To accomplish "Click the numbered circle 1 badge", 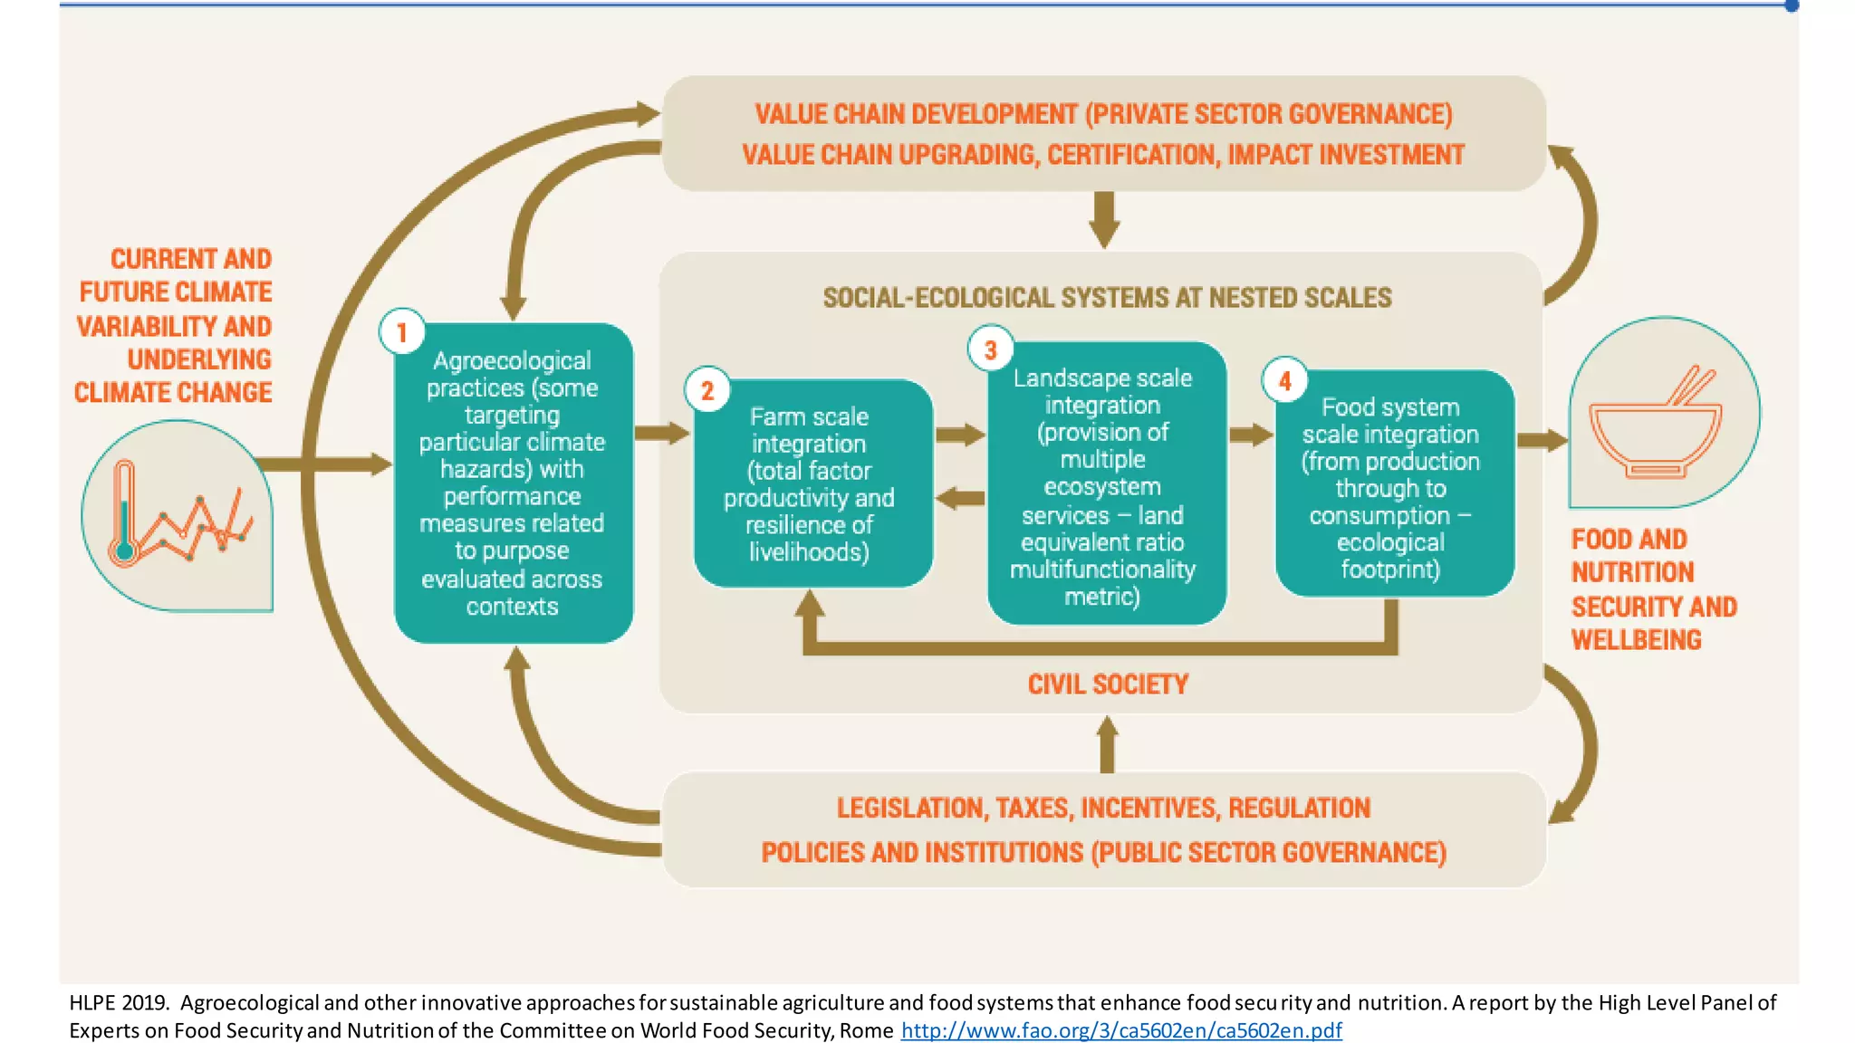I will (x=402, y=332).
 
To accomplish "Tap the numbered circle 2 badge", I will (x=707, y=390).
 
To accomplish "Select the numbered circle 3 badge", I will (x=990, y=349).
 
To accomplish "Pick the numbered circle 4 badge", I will (x=1284, y=381).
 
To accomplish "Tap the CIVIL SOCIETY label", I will (x=1107, y=684).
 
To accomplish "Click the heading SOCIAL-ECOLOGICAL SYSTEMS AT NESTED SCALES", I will (x=1106, y=298).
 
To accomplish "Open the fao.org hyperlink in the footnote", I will (x=1120, y=1030).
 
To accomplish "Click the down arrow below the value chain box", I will (x=1104, y=220).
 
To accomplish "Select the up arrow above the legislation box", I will (x=1107, y=743).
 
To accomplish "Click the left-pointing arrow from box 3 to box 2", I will (x=959, y=498).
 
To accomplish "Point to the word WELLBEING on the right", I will (x=1636, y=640).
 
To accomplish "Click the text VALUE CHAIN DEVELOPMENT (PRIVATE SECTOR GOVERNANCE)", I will (x=1102, y=114).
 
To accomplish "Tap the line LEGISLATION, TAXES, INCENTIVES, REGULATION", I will (x=1102, y=808).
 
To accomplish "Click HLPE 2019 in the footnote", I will (x=119, y=1002).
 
